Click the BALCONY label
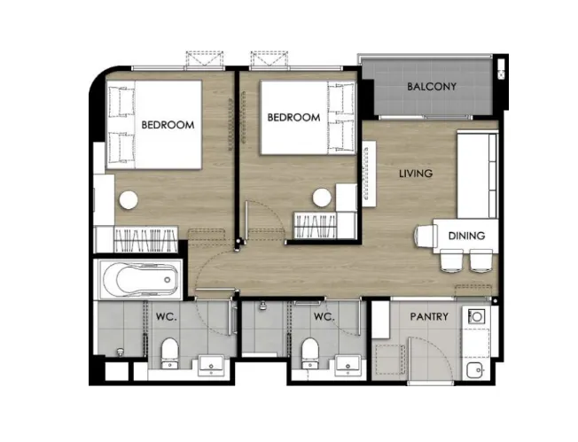click(x=432, y=87)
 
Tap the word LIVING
click(x=416, y=173)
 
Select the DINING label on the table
click(x=466, y=236)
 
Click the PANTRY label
click(x=429, y=316)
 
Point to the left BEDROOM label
click(x=168, y=125)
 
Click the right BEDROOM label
click(x=293, y=118)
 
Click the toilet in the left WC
click(x=169, y=353)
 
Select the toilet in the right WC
click(x=310, y=353)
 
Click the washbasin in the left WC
click(x=211, y=365)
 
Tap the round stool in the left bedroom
click(x=129, y=200)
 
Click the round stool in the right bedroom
click(x=322, y=198)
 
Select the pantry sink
click(x=475, y=369)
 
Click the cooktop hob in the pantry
click(x=476, y=316)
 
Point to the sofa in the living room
click(x=478, y=175)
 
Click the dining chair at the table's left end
click(x=425, y=237)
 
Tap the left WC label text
click(x=167, y=316)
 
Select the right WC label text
click(x=324, y=316)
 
